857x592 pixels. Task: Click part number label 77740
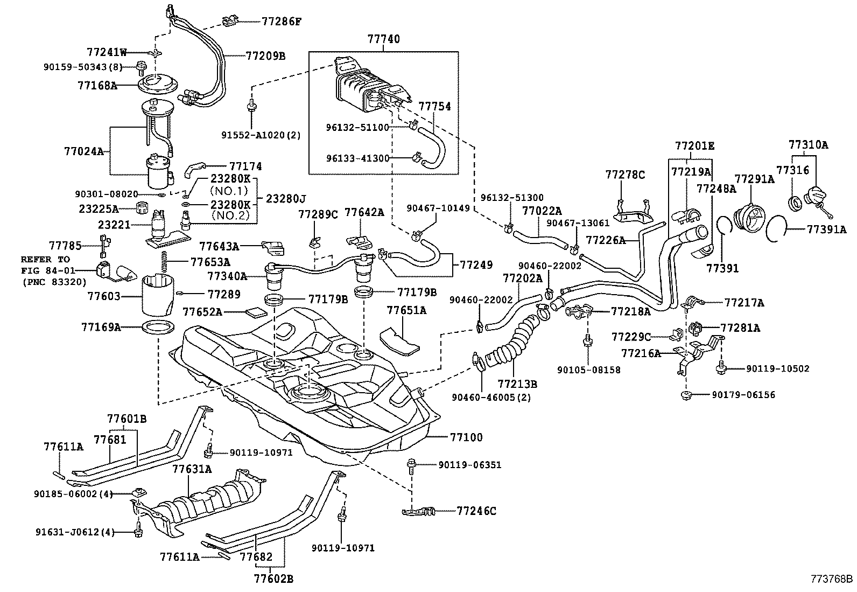[x=384, y=39]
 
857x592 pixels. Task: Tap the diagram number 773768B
[x=832, y=580]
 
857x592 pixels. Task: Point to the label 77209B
[x=265, y=55]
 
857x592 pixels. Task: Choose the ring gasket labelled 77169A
[x=159, y=326]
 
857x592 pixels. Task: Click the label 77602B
[x=273, y=579]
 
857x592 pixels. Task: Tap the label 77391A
[x=826, y=229]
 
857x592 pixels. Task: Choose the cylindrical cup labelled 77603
[x=158, y=296]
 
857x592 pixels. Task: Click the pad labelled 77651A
[x=399, y=338]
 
